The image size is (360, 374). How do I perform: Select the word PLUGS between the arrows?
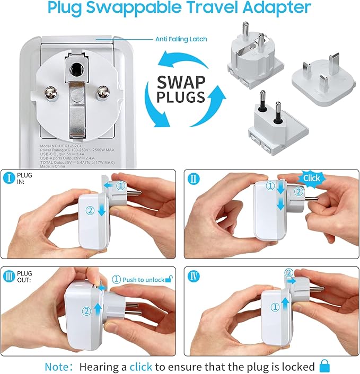[x=180, y=97]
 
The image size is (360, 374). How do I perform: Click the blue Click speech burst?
[x=311, y=178]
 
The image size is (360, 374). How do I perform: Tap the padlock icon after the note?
[x=324, y=366]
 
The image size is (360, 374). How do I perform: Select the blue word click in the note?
[x=141, y=366]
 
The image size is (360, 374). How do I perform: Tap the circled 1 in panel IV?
[x=274, y=307]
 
